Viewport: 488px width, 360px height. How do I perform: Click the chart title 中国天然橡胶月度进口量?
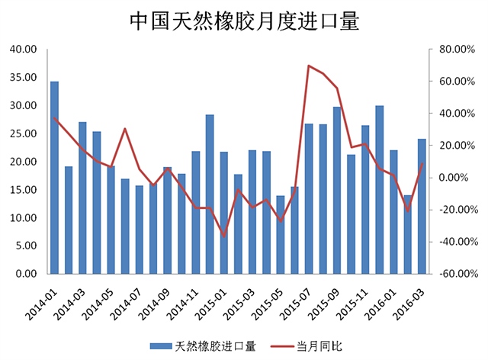tap(244, 21)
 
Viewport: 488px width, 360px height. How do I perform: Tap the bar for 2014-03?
tap(82, 198)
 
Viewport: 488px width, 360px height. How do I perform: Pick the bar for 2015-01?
tap(224, 213)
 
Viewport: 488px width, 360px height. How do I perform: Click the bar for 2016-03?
tap(422, 206)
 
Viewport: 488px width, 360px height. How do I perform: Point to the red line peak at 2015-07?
tap(309, 66)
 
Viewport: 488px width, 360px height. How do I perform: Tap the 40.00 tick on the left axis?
tap(24, 50)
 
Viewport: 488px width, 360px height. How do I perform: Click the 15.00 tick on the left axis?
tap(24, 190)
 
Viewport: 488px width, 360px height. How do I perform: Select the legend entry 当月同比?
tap(321, 346)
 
